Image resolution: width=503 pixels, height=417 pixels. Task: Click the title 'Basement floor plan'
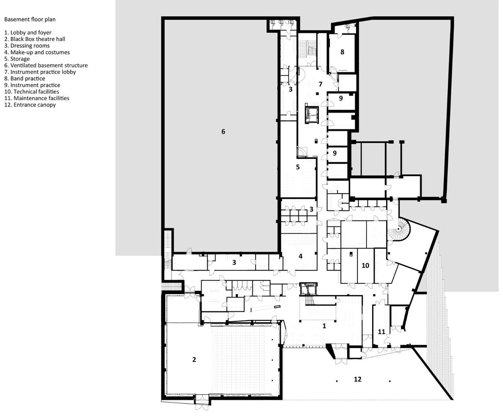30,19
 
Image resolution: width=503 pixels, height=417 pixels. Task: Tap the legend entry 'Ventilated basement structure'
46,65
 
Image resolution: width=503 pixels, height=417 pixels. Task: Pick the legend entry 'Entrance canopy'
30,105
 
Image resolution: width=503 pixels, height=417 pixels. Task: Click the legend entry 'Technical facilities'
31,91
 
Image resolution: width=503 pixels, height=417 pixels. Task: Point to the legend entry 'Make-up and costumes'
37,52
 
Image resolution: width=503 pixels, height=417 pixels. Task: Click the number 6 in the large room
223,132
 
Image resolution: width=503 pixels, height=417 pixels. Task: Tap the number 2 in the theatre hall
194,360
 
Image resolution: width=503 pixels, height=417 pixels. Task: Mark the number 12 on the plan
357,379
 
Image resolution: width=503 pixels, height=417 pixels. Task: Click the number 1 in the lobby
324,326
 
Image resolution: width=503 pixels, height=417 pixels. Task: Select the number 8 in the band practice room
342,52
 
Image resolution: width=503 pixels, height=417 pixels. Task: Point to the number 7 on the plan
320,84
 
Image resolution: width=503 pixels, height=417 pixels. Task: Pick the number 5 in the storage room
298,167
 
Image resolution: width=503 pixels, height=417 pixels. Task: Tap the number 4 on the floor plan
300,256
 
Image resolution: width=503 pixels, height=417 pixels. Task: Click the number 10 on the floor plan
365,265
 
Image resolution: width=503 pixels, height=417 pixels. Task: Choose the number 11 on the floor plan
381,332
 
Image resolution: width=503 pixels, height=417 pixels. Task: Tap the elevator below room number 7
311,113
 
